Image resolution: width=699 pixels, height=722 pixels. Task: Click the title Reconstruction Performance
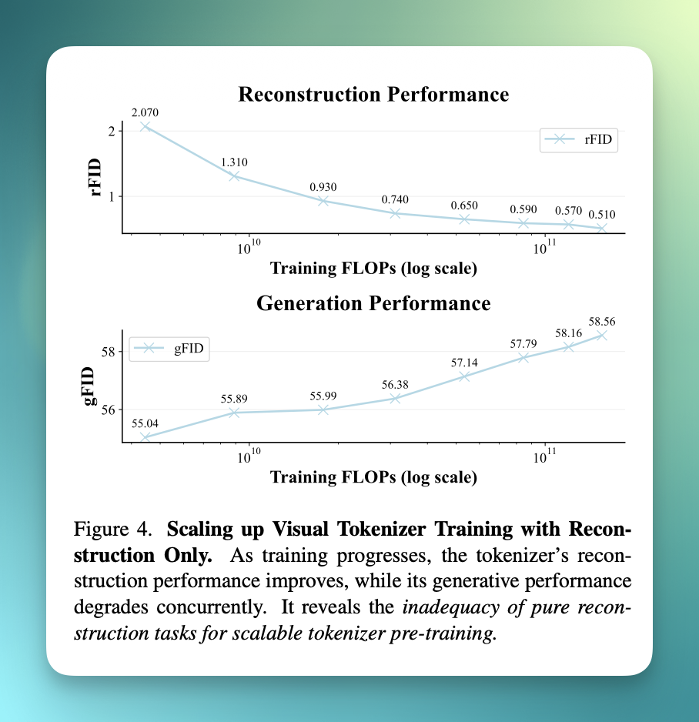pos(373,95)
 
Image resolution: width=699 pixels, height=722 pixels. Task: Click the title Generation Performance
pos(373,303)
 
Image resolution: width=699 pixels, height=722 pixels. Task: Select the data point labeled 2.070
pos(145,126)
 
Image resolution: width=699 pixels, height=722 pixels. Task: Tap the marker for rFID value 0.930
pos(323,201)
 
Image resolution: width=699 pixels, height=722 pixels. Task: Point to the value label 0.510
pos(602,215)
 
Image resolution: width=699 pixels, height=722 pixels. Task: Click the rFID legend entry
pos(579,139)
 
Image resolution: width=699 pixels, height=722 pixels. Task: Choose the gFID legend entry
pos(169,348)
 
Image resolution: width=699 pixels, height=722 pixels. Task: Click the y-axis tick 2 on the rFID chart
pos(112,131)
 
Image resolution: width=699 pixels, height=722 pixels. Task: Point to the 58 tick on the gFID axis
pos(109,352)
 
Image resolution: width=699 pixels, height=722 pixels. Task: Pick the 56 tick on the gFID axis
pos(109,409)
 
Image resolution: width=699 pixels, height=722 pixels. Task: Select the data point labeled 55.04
pos(145,437)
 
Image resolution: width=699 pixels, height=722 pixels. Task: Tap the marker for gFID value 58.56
pos(601,336)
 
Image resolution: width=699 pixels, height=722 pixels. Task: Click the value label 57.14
pos(464,363)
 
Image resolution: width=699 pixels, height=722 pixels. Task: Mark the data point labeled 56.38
pos(395,398)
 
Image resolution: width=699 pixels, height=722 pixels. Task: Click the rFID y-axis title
pos(95,177)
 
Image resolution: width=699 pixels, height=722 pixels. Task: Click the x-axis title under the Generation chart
pos(373,477)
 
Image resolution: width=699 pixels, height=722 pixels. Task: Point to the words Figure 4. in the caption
pos(113,529)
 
